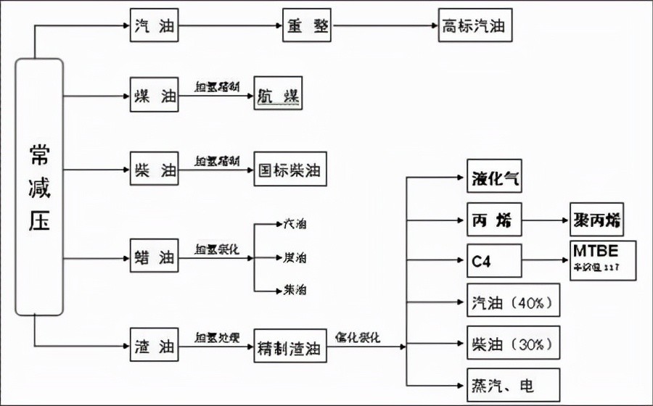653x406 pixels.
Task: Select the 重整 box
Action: point(306,28)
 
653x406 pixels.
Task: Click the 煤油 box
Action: point(155,94)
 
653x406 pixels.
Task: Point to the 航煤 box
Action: point(278,94)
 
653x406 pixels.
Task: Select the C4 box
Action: point(494,260)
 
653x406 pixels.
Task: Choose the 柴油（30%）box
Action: point(513,342)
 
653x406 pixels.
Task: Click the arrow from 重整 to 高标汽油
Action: point(385,28)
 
